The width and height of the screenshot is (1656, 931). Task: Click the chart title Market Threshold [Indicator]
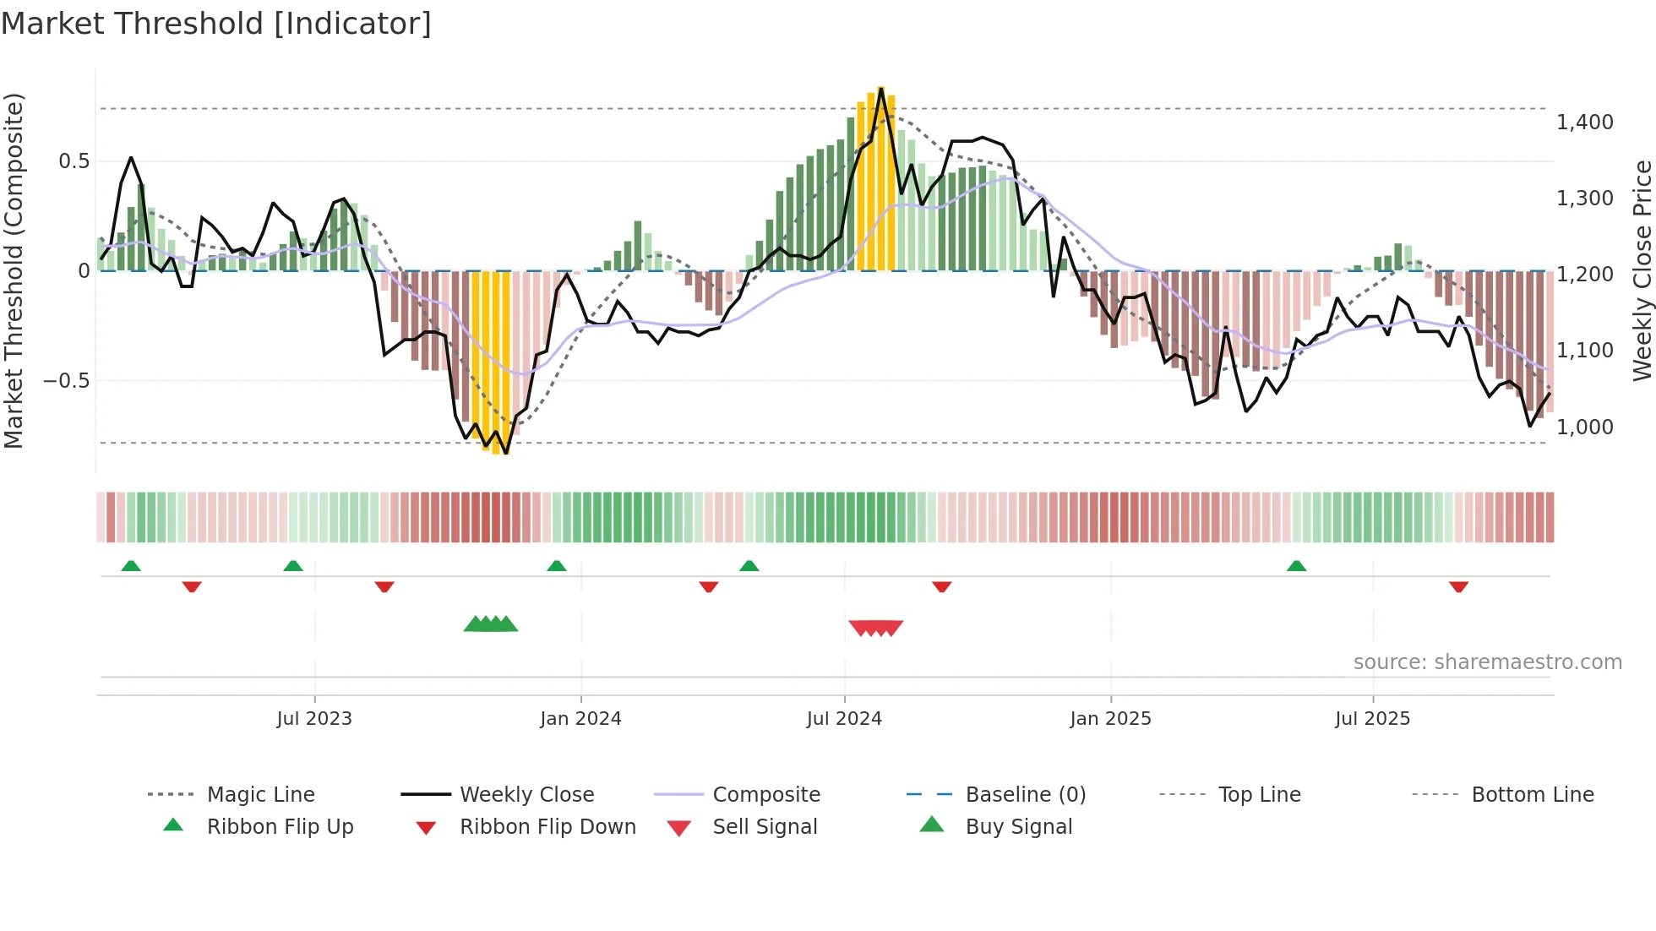(216, 24)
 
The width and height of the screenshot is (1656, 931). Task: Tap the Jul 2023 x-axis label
(313, 719)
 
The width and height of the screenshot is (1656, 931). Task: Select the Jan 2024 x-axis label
(580, 719)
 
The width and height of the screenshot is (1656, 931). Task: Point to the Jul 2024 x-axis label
(844, 719)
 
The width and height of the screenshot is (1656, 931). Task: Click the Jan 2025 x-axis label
(1110, 719)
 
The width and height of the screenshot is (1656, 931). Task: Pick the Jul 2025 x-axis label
(1372, 719)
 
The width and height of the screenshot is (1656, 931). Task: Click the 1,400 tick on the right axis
(1584, 122)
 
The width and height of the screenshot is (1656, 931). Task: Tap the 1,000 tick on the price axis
(1584, 427)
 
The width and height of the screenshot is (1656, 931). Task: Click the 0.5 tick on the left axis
(74, 161)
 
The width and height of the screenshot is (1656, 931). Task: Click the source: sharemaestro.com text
(1487, 662)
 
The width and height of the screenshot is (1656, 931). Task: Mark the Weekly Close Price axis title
(1642, 270)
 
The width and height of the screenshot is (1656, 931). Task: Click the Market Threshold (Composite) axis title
(14, 270)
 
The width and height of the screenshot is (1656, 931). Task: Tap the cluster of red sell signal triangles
(876, 628)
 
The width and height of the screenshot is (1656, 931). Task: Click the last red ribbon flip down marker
(1458, 586)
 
